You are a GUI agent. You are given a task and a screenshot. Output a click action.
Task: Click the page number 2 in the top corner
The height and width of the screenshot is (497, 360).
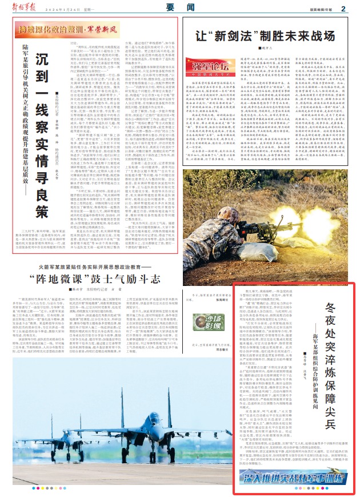click(344, 8)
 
